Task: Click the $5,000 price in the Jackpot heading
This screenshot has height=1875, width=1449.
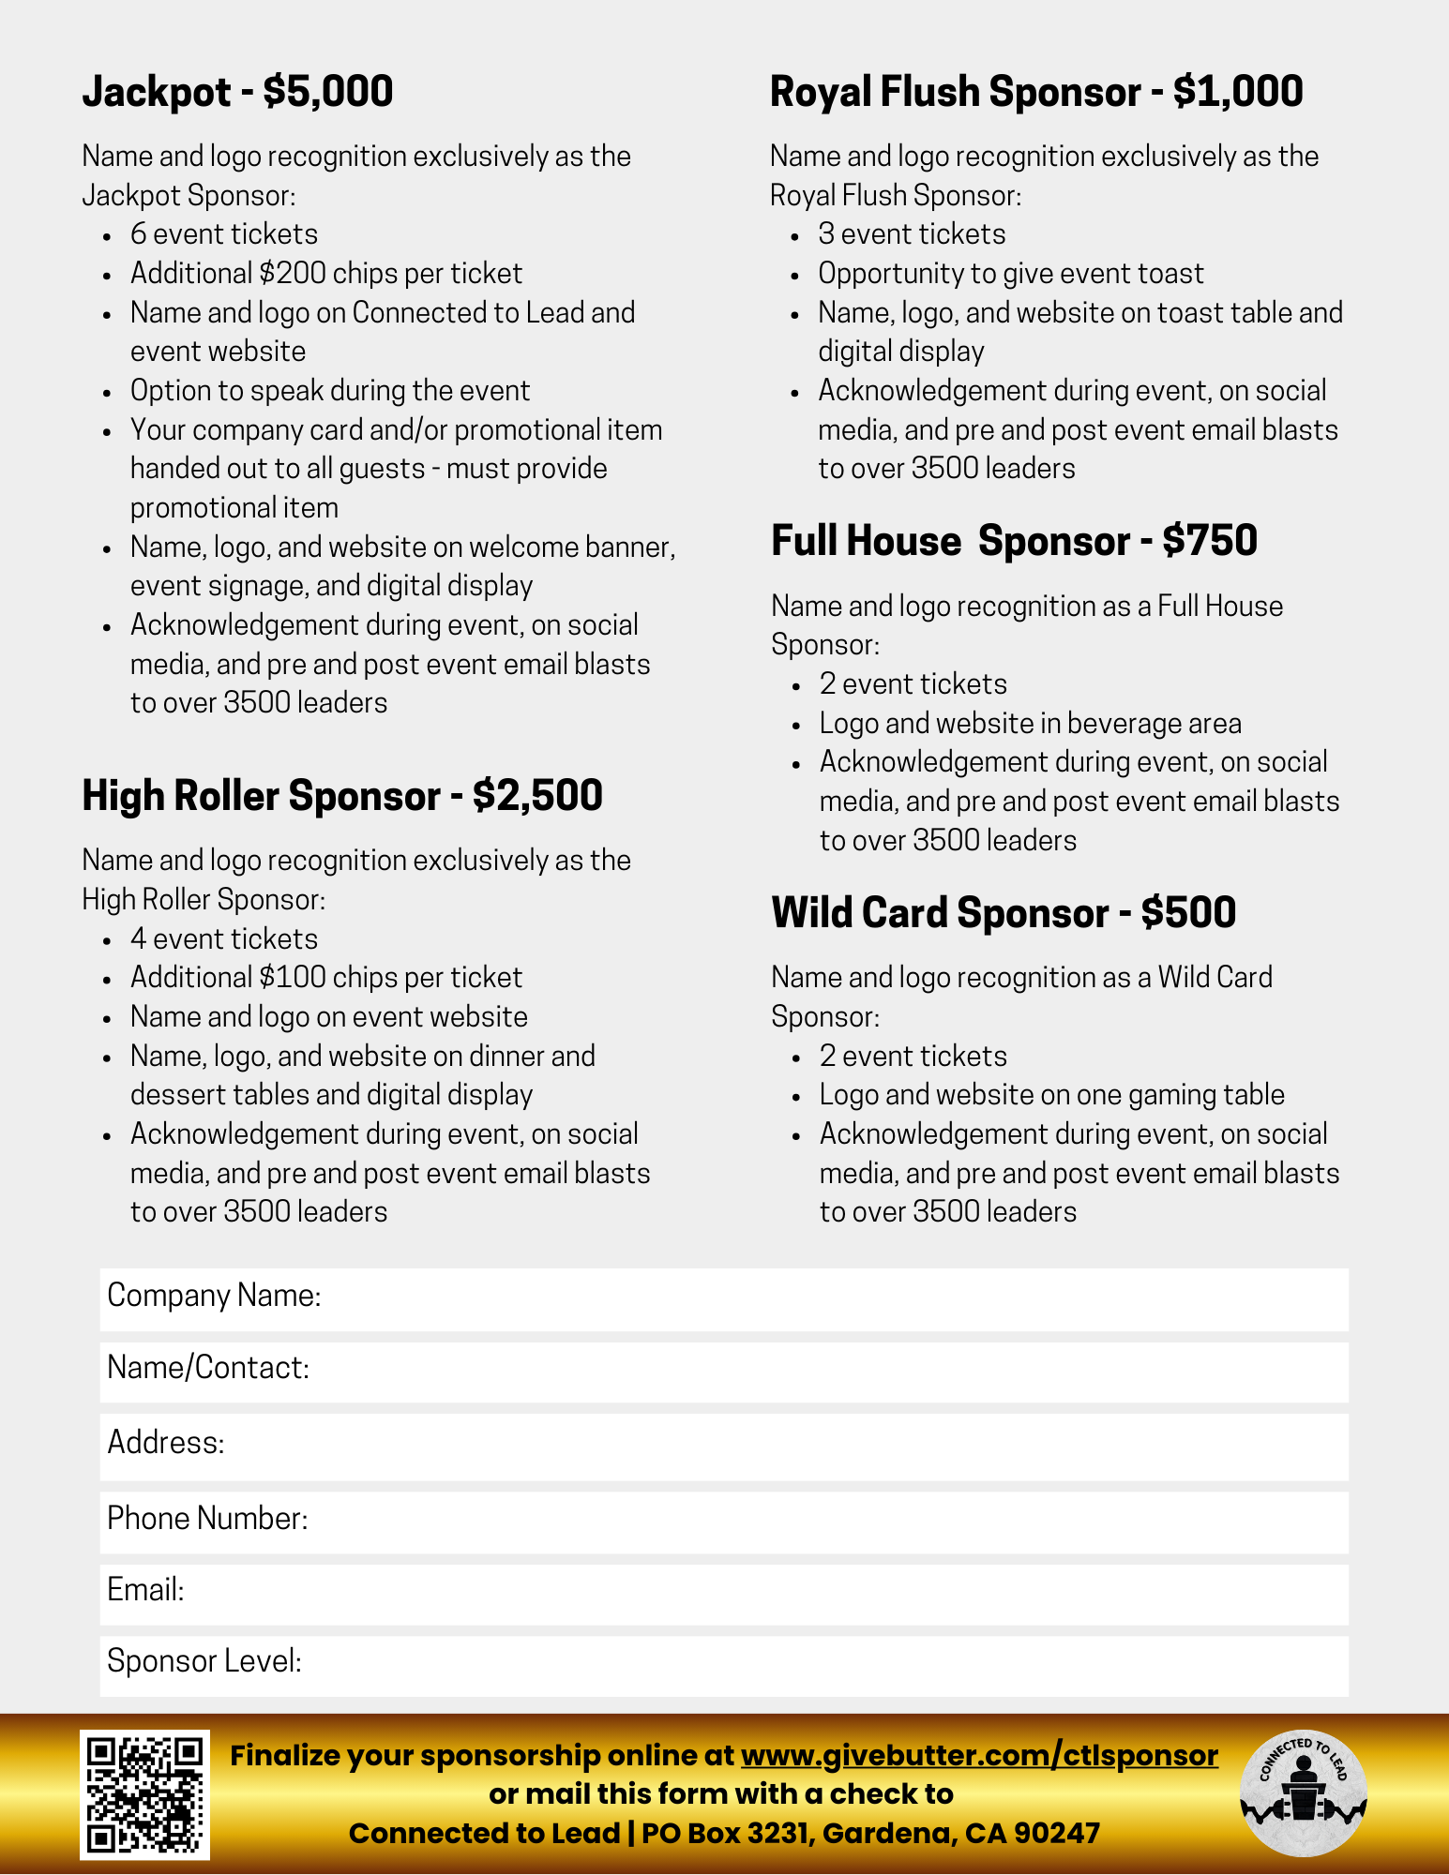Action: (327, 92)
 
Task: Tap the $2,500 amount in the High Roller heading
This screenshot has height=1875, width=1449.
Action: (537, 796)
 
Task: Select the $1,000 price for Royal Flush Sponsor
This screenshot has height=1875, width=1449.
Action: (1237, 92)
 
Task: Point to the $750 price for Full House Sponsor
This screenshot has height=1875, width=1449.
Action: (1209, 541)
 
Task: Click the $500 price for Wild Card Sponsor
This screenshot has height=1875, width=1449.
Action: (1188, 913)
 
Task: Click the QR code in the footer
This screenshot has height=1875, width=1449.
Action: (144, 1794)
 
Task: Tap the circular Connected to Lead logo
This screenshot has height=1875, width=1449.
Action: (1303, 1792)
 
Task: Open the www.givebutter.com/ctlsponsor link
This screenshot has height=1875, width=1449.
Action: (979, 1755)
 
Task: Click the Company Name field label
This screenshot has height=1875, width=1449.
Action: (214, 1296)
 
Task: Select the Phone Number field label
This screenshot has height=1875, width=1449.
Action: (207, 1518)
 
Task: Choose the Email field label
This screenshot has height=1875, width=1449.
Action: (145, 1590)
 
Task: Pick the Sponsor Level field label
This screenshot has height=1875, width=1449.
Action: (204, 1661)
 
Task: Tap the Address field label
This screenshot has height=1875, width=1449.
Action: (166, 1442)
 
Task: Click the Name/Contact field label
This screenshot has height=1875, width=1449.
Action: (208, 1368)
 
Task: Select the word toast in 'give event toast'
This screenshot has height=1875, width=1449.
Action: (1170, 274)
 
